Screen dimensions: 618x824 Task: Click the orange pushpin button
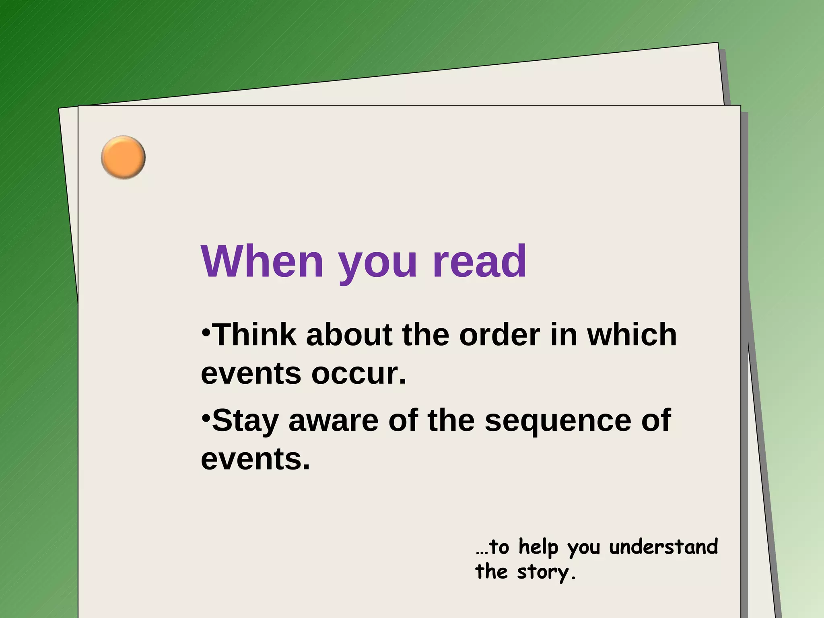coord(123,157)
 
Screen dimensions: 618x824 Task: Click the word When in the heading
coord(262,262)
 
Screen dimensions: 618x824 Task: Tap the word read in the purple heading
coord(479,262)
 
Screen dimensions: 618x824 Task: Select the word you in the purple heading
coord(378,266)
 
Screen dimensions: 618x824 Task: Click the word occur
coord(359,374)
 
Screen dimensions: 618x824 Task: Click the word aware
coord(334,420)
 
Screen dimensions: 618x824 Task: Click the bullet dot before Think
coord(206,332)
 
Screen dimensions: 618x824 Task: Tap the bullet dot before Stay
coord(206,418)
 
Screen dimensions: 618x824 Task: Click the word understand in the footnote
coord(663,547)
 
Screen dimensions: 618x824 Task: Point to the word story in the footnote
coord(546,572)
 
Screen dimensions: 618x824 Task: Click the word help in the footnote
coord(538,548)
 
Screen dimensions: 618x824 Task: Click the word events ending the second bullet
coord(255,459)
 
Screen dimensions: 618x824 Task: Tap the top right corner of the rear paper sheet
coord(717,43)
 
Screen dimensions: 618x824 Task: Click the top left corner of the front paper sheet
coord(78,106)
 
